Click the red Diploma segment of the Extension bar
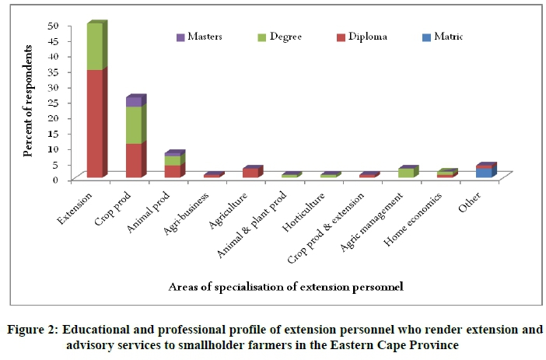(94, 124)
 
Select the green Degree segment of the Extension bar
(94, 47)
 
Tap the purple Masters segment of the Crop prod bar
(133, 102)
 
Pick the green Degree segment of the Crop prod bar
(133, 125)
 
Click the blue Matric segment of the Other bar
(483, 173)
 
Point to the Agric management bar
(405, 173)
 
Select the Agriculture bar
(250, 173)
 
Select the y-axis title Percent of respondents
(28, 101)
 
